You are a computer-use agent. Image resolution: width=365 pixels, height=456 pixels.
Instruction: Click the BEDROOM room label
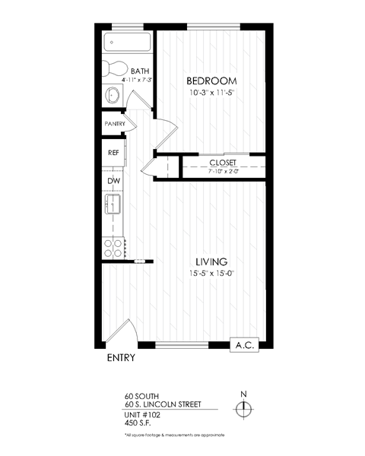point(212,81)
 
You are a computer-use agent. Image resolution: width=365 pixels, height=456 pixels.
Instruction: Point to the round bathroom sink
point(113,96)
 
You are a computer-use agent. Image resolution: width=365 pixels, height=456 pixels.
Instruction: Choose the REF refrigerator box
point(114,153)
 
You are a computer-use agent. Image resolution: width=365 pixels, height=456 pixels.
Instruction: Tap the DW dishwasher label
point(113,180)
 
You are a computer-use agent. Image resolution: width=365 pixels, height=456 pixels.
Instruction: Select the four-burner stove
point(114,246)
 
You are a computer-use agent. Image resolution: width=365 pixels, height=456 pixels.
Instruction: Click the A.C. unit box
point(246,344)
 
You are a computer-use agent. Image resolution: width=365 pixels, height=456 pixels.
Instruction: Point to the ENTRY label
point(120,358)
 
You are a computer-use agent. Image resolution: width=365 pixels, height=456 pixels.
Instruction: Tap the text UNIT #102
point(144,415)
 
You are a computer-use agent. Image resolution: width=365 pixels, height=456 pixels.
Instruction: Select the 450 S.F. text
point(140,423)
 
